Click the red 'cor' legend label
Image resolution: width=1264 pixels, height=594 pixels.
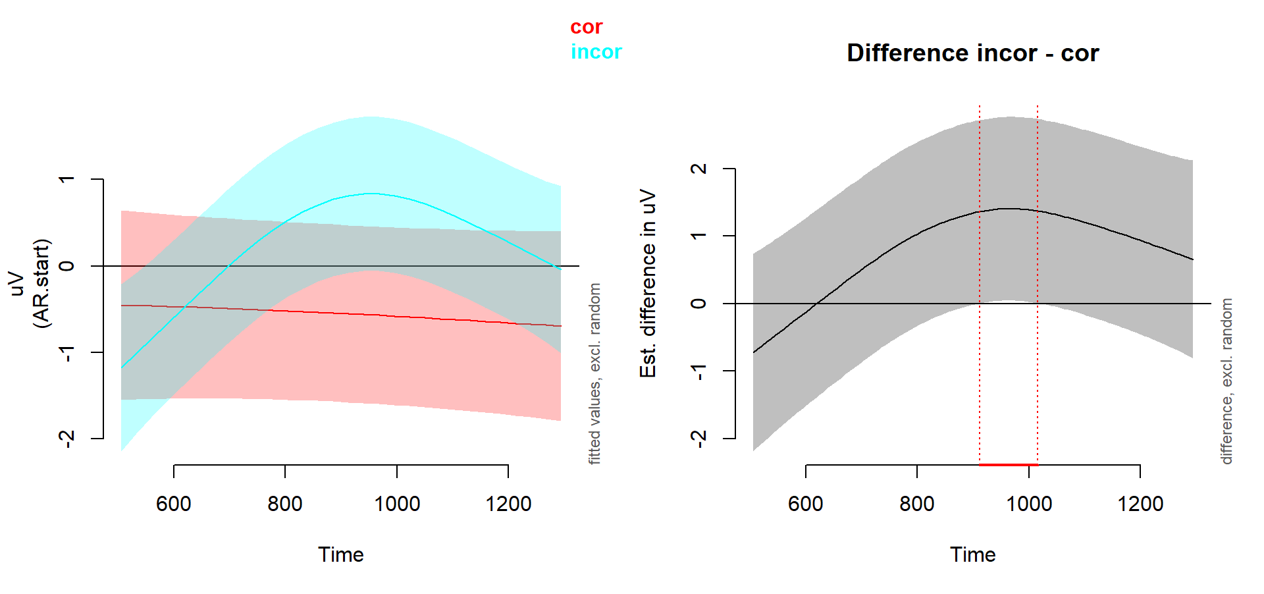tap(586, 27)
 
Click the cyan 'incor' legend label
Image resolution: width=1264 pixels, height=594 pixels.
tap(596, 52)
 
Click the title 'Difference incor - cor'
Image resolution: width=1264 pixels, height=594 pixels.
tap(972, 53)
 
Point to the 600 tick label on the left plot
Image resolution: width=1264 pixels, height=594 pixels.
tap(174, 504)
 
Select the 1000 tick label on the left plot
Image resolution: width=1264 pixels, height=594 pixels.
tap(397, 504)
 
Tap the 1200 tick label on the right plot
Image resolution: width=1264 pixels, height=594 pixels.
tap(1140, 504)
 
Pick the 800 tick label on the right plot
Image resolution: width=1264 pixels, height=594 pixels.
tap(917, 504)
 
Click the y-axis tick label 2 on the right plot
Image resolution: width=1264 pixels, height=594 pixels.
tap(699, 169)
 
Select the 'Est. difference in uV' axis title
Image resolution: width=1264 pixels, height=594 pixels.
tap(648, 283)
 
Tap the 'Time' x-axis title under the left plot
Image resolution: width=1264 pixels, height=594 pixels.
tap(340, 554)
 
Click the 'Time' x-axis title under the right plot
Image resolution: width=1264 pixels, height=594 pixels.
tap(972, 554)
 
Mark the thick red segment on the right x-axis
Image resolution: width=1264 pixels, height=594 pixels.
tap(1009, 465)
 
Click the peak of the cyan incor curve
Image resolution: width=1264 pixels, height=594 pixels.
tap(372, 194)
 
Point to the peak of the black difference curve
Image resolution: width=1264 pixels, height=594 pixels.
tap(1009, 208)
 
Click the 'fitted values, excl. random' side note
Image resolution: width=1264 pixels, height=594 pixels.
tap(594, 373)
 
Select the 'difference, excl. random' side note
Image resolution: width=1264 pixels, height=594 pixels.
tap(1226, 381)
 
